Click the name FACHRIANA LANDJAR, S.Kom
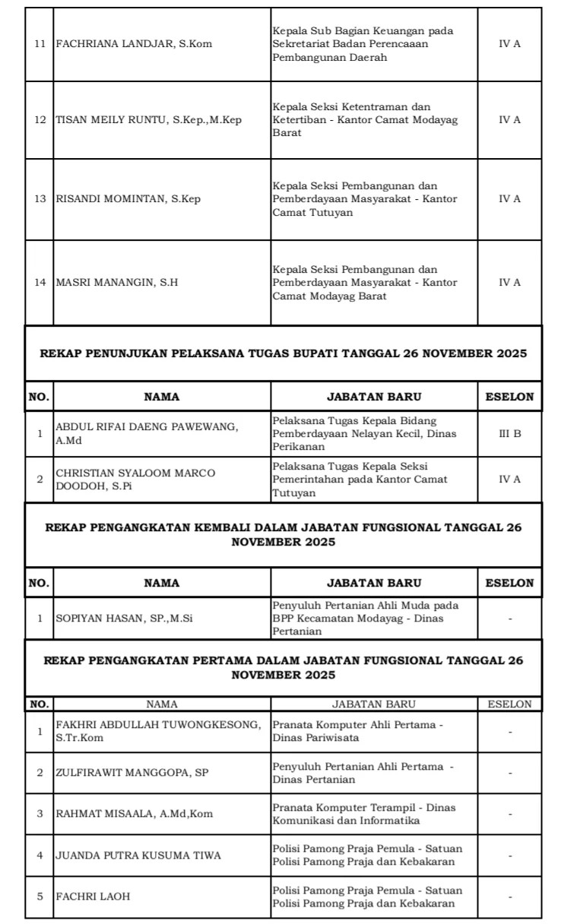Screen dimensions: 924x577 coord(134,44)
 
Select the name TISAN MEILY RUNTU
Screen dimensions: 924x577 coord(149,120)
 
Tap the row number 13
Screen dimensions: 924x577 coord(40,199)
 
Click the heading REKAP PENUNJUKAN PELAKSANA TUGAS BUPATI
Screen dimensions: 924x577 coord(284,354)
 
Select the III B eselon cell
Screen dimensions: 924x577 coord(509,433)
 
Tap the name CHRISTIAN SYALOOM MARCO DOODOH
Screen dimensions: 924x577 coord(135,479)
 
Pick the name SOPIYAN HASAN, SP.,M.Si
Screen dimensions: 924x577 coord(125,619)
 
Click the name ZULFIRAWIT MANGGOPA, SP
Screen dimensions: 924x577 coord(132,773)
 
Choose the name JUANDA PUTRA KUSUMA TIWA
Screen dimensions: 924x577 coord(138,856)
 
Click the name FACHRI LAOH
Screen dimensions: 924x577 coord(93,897)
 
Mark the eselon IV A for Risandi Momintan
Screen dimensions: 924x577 coord(509,199)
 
